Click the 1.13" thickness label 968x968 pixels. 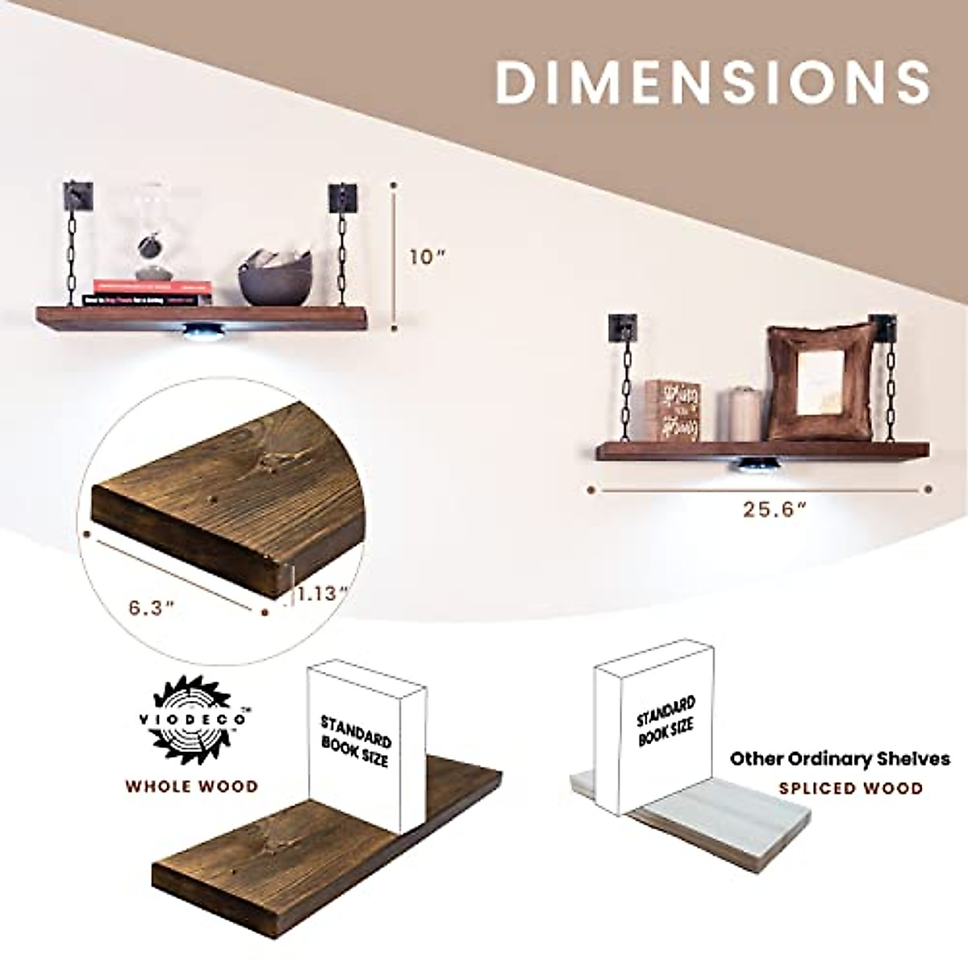click(x=322, y=593)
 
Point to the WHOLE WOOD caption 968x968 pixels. click(x=191, y=786)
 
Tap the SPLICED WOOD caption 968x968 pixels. click(x=850, y=788)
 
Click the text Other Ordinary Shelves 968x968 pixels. click(x=840, y=759)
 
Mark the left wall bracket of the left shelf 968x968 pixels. click(x=81, y=195)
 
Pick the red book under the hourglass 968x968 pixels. click(x=152, y=286)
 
